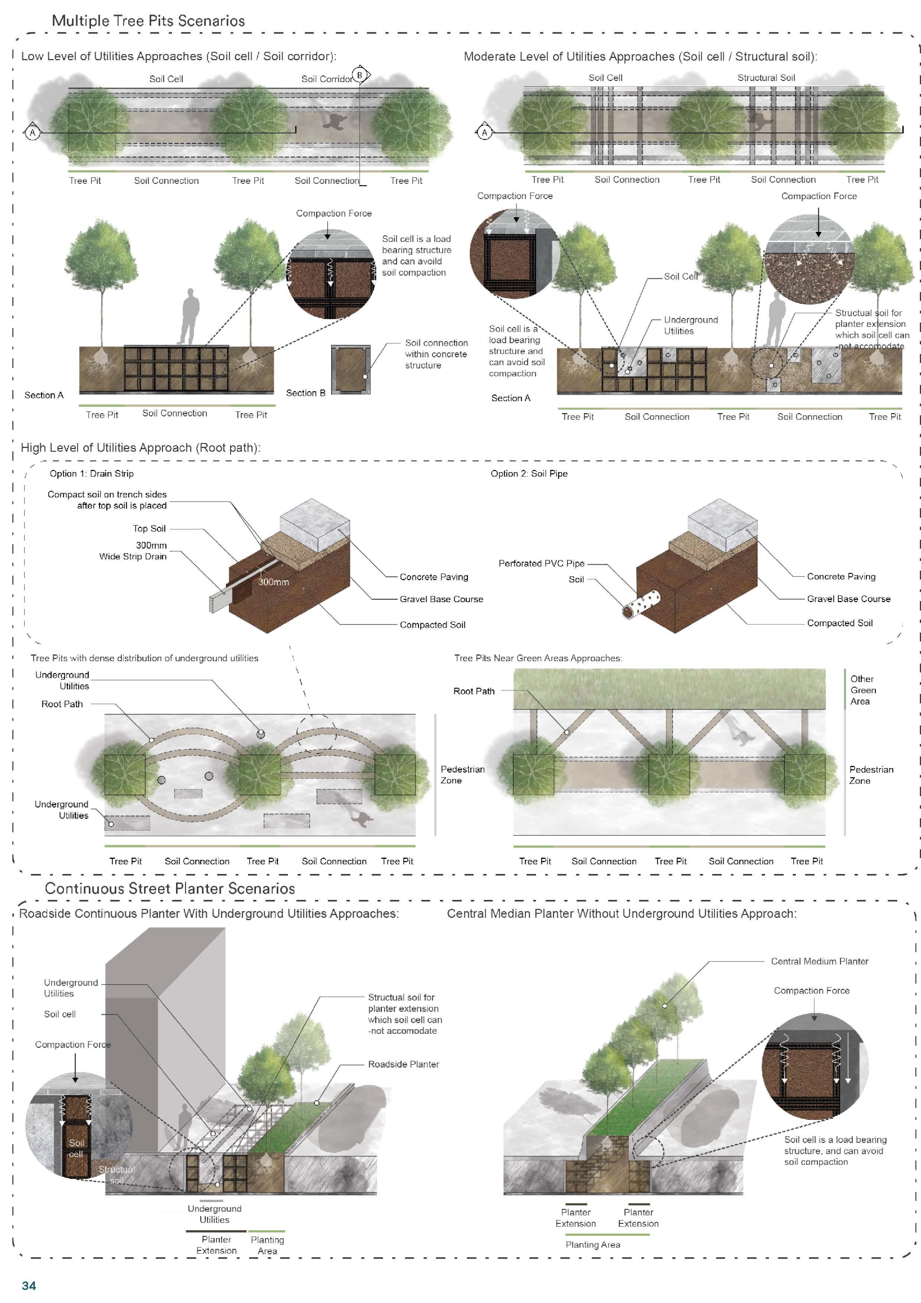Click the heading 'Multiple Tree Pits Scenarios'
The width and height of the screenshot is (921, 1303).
pos(148,21)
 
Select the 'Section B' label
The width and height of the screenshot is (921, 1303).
pos(305,393)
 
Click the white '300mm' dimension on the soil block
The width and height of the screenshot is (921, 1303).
pos(274,582)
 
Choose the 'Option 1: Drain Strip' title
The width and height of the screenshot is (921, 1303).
pos(91,473)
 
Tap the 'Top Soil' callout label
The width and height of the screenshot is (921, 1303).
pos(149,528)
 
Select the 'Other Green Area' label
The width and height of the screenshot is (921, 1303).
pos(863,690)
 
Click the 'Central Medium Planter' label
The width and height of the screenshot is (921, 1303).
pos(819,961)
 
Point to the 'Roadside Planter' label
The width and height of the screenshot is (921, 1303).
pos(403,1064)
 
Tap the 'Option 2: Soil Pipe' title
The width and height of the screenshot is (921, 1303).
pos(529,473)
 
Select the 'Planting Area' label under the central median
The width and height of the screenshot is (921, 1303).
pos(592,1245)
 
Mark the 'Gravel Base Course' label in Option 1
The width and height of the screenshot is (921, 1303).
pos(441,599)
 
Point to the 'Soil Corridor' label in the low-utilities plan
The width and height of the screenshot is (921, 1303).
pos(327,79)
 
